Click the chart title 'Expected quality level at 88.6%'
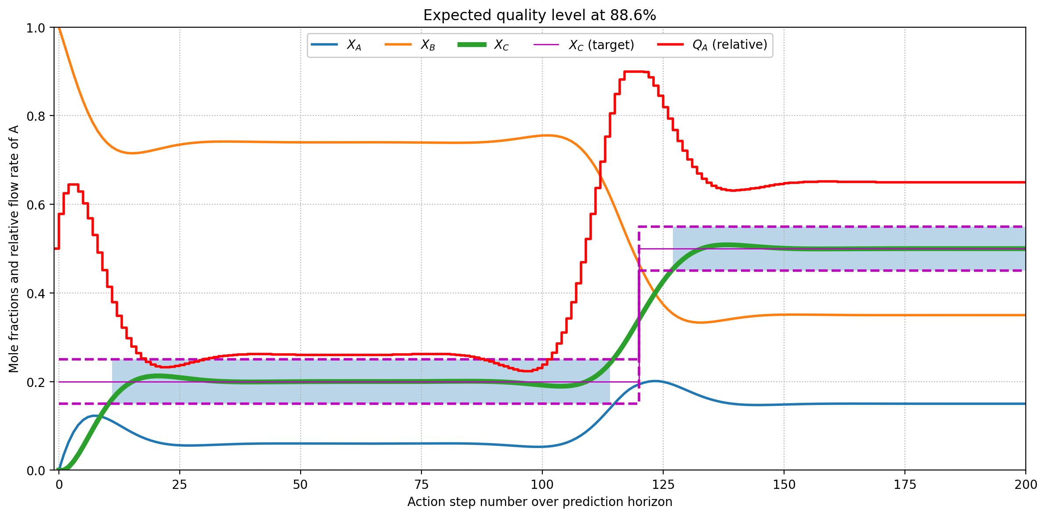[539, 15]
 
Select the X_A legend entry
[336, 45]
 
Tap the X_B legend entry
[410, 45]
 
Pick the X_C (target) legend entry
[583, 45]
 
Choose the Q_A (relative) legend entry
[712, 45]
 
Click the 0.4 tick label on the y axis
[36, 293]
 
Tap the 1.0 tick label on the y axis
[36, 28]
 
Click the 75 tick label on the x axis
[421, 485]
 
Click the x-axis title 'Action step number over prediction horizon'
[539, 502]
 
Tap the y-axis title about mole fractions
[14, 249]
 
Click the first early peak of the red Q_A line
[73, 184]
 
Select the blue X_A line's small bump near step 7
[93, 416]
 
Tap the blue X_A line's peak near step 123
[655, 381]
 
